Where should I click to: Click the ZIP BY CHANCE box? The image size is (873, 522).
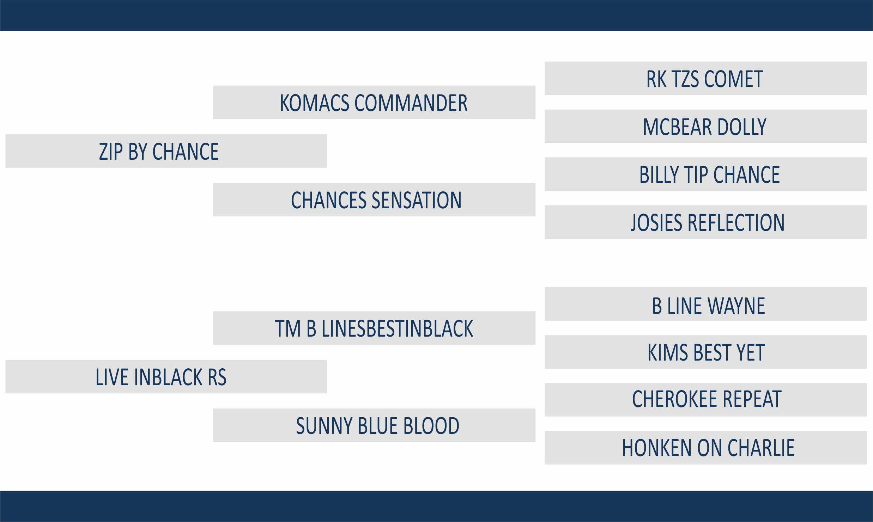click(x=166, y=151)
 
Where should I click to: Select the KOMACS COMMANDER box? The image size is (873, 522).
click(x=374, y=102)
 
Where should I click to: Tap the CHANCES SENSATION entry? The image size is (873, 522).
click(x=374, y=199)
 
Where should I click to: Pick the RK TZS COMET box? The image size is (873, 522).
click(x=705, y=78)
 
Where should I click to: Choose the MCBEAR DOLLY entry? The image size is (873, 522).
click(x=705, y=126)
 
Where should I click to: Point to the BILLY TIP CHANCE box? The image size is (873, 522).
click(x=705, y=174)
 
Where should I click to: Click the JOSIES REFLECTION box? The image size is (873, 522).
click(x=705, y=222)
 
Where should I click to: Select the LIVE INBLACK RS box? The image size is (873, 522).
click(x=166, y=376)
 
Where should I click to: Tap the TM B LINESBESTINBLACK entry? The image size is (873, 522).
click(x=374, y=328)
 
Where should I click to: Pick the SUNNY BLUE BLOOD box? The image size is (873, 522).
click(x=374, y=425)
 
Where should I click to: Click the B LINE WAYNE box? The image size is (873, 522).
click(x=705, y=304)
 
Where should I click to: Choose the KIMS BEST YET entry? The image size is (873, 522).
click(x=705, y=352)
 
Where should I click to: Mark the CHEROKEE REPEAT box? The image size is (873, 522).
click(x=705, y=400)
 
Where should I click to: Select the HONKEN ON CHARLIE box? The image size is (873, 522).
click(x=705, y=448)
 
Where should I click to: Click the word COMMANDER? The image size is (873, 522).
click(x=411, y=103)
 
